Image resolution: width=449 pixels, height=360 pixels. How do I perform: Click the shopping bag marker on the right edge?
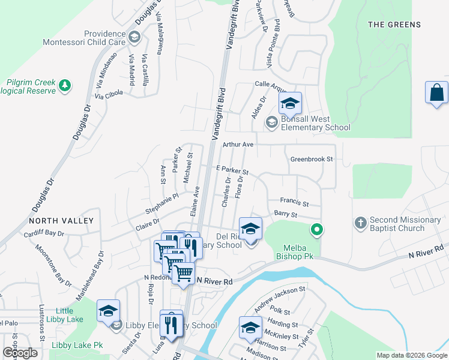pyautogui.click(x=436, y=93)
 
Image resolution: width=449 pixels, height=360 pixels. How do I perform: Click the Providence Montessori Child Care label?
pyautogui.click(x=84, y=38)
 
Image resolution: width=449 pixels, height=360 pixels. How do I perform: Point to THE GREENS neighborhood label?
pyautogui.click(x=394, y=25)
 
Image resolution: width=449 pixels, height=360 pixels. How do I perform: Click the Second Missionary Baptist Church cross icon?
pyautogui.click(x=360, y=223)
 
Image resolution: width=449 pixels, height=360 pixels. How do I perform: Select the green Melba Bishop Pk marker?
pyautogui.click(x=316, y=229)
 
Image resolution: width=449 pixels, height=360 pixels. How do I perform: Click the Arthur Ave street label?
pyautogui.click(x=238, y=145)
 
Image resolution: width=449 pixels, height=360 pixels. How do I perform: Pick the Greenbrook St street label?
pyautogui.click(x=311, y=160)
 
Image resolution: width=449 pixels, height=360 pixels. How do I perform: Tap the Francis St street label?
pyautogui.click(x=294, y=203)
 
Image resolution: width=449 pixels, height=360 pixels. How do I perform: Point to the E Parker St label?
pyautogui.click(x=232, y=173)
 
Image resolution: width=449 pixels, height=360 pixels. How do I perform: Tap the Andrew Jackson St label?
pyautogui.click(x=280, y=299)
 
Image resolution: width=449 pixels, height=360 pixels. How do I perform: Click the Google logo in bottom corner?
pyautogui.click(x=20, y=353)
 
